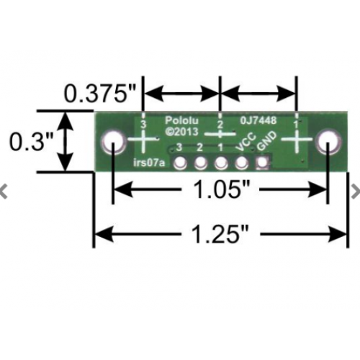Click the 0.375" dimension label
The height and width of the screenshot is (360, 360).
point(100,94)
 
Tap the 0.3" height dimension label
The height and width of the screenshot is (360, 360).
point(31,142)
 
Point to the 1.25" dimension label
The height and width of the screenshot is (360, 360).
point(220,234)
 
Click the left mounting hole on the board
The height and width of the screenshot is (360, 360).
point(113,142)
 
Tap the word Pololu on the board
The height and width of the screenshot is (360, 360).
point(181,120)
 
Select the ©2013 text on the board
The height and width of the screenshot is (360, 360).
point(181,132)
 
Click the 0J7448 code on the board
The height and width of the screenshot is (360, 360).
point(258,120)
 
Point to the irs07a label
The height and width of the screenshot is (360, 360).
point(149,163)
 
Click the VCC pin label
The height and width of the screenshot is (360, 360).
point(246,143)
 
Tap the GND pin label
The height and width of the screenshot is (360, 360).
point(266,142)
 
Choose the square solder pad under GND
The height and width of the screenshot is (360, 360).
point(262,163)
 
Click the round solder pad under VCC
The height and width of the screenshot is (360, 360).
point(242,163)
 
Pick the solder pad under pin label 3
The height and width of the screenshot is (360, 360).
point(180,163)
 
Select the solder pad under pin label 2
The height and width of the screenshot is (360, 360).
point(201,163)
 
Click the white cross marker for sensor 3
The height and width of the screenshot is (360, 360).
point(143,140)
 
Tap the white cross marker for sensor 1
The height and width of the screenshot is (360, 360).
point(297,140)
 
